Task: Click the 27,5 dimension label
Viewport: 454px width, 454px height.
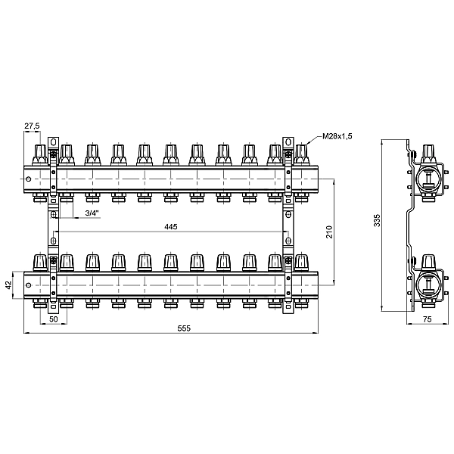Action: coord(32,126)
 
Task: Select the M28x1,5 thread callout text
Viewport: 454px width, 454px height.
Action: coord(337,136)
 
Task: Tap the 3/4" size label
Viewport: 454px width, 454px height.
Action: coord(92,213)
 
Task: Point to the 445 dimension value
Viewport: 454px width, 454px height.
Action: coord(171,227)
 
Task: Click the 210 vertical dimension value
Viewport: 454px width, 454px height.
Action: coord(329,232)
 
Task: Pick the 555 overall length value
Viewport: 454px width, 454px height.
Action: coord(184,328)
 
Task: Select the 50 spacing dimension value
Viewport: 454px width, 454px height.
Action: coord(54,319)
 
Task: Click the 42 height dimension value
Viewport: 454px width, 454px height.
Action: coord(9,285)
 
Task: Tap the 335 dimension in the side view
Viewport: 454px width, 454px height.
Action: coord(377,221)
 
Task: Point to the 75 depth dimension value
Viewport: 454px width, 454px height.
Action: coord(428,319)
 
